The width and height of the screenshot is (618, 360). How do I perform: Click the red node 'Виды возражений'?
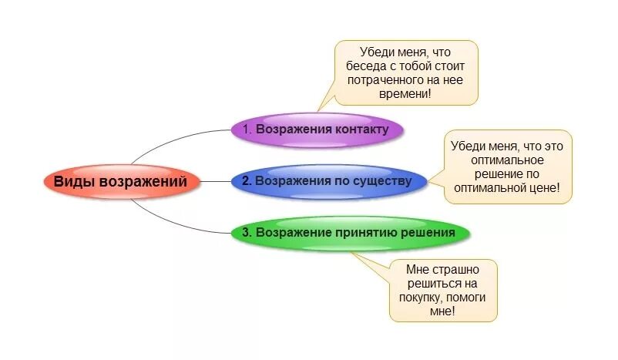pos(119,182)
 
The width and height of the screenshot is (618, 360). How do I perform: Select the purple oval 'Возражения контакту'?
pos(317,129)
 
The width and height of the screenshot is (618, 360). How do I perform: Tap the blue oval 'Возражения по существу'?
pos(328,181)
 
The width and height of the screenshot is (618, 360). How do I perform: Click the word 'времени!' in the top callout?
pos(406,93)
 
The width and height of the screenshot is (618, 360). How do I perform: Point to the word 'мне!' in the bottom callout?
pos(443,311)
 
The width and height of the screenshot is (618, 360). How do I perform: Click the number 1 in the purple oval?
pos(247,129)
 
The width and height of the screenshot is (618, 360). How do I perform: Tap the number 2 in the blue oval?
pos(246,181)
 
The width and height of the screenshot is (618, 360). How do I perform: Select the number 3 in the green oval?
pos(246,231)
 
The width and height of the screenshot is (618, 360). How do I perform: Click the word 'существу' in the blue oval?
pos(378,181)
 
